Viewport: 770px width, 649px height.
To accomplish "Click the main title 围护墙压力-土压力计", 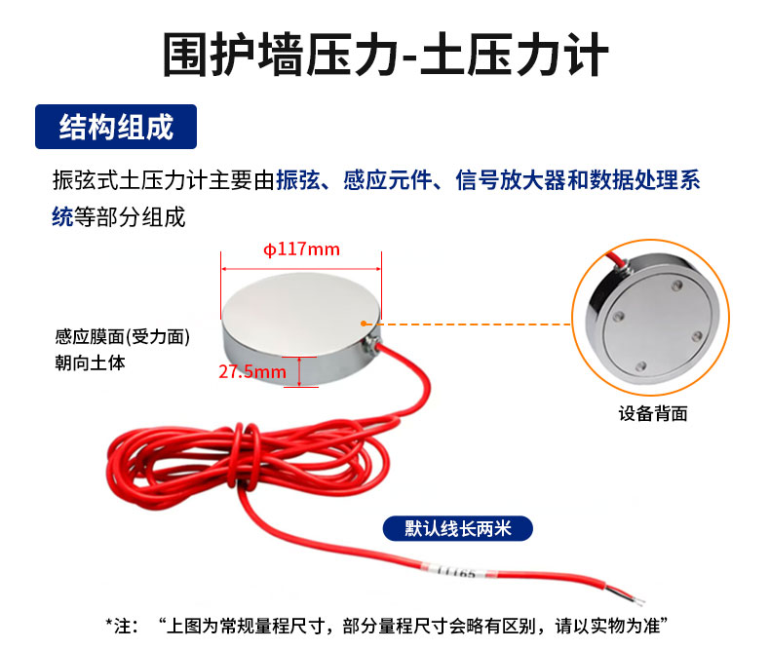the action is [385, 55].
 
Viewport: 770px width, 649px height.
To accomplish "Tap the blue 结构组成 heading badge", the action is [116, 127].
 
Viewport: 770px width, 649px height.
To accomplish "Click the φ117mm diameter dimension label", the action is [301, 249].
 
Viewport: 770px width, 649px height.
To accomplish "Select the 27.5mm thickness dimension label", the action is [252, 371].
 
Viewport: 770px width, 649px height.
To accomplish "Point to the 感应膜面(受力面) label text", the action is [122, 337].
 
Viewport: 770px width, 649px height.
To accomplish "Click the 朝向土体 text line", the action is [90, 363].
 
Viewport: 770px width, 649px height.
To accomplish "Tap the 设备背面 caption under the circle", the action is [653, 413].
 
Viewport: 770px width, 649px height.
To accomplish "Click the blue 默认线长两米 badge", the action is [458, 529].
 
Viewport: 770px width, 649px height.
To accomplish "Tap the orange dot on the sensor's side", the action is [364, 324].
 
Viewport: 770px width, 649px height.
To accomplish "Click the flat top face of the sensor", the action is [300, 300].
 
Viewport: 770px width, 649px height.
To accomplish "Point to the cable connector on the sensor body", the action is [370, 343].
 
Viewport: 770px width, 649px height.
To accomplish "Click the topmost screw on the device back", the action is [677, 285].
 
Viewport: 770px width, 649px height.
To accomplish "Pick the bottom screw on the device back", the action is [640, 366].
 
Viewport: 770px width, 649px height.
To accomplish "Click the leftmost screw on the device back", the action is [619, 316].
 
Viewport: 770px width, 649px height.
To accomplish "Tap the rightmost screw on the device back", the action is [697, 336].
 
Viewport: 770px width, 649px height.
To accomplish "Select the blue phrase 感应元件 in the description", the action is [388, 180].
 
